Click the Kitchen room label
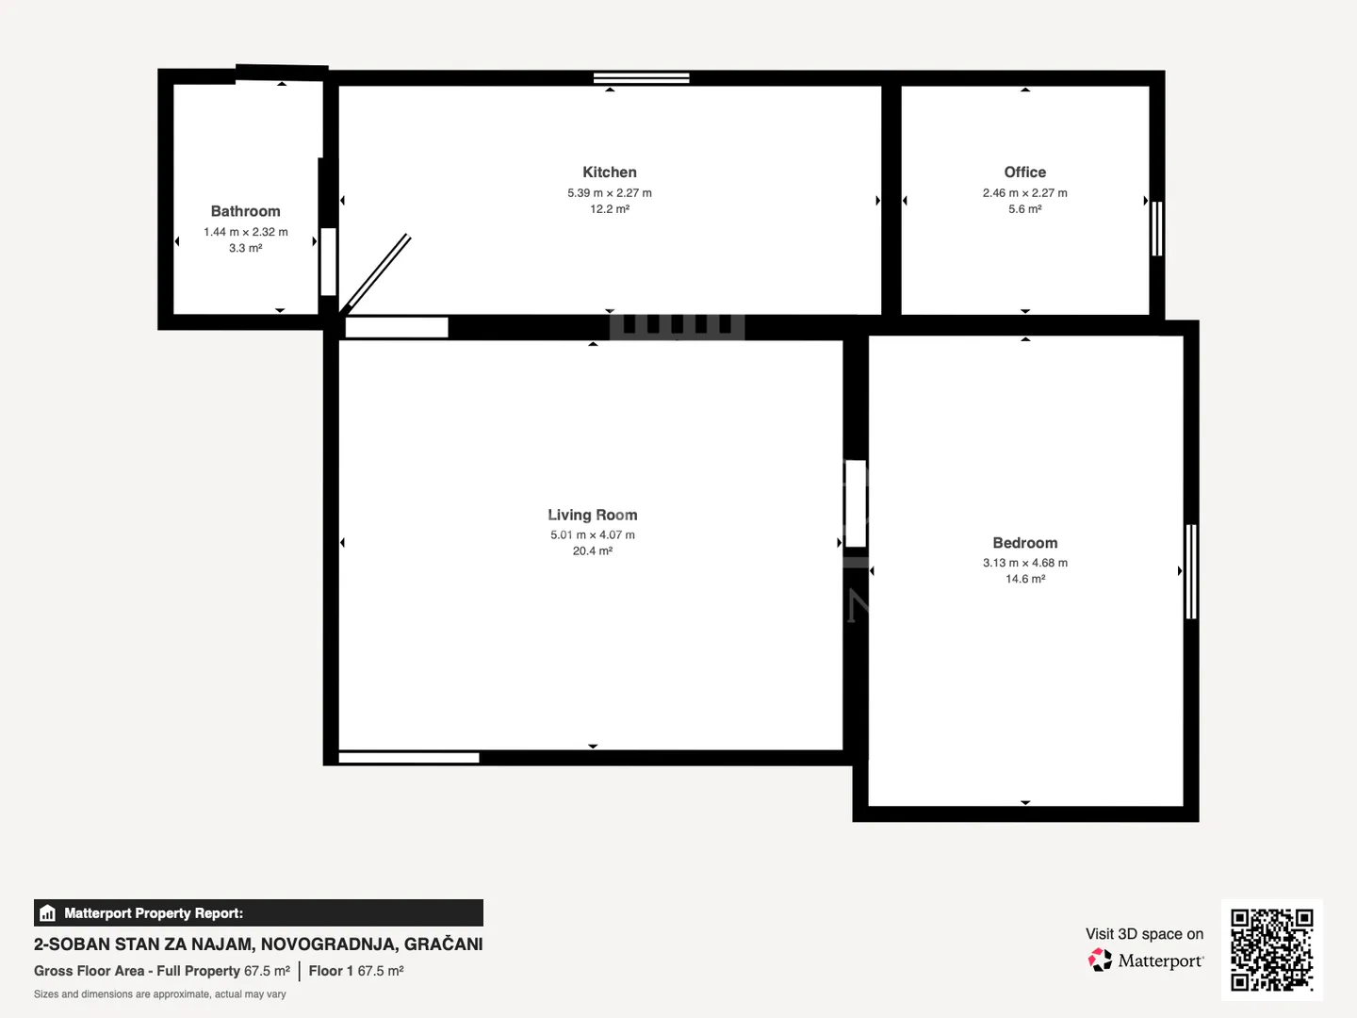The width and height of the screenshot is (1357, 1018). click(x=609, y=172)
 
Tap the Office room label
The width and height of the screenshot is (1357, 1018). click(x=1024, y=172)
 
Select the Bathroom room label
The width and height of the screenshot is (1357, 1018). click(x=245, y=211)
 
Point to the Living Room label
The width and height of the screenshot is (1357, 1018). click(x=592, y=515)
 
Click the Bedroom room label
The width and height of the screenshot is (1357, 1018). click(x=1024, y=543)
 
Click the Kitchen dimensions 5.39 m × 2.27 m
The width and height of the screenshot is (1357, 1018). click(x=609, y=193)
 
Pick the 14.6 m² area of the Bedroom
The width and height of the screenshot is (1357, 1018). click(x=1024, y=579)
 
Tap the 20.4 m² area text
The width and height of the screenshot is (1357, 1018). click(x=592, y=550)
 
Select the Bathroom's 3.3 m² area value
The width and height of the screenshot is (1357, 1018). click(x=245, y=248)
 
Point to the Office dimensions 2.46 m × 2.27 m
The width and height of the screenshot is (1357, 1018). click(x=1024, y=193)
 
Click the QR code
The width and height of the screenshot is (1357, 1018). click(x=1271, y=949)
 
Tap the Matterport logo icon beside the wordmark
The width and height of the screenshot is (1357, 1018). click(x=1099, y=960)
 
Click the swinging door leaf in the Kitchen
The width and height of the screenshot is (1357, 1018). click(x=375, y=272)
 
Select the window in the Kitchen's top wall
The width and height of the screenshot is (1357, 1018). click(x=641, y=78)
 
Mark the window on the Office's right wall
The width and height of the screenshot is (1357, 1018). click(x=1156, y=228)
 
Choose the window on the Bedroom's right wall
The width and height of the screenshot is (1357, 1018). click(x=1191, y=572)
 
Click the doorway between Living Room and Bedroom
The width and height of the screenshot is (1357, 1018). click(x=856, y=503)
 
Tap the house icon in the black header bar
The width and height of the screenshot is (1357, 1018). click(x=48, y=913)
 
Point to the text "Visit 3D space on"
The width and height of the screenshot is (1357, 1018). click(x=1144, y=934)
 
